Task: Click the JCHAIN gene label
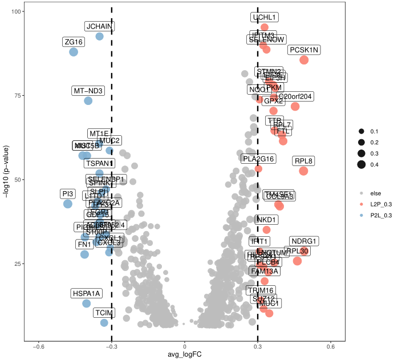tap(99, 26)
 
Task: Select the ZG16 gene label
tap(74, 42)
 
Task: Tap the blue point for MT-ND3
tap(88, 101)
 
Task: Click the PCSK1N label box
tap(304, 50)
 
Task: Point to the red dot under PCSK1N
tap(304, 60)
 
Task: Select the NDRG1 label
tap(304, 241)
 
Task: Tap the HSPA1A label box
tap(87, 294)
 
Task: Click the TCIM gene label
tap(104, 313)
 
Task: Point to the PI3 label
tap(68, 194)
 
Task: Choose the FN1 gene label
tap(84, 245)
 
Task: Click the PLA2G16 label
tap(258, 159)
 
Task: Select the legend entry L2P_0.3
tap(379, 203)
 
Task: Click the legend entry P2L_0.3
tap(379, 215)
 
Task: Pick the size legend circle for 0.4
tap(361, 165)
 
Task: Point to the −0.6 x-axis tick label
tap(38, 346)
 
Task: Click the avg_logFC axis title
tap(185, 355)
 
